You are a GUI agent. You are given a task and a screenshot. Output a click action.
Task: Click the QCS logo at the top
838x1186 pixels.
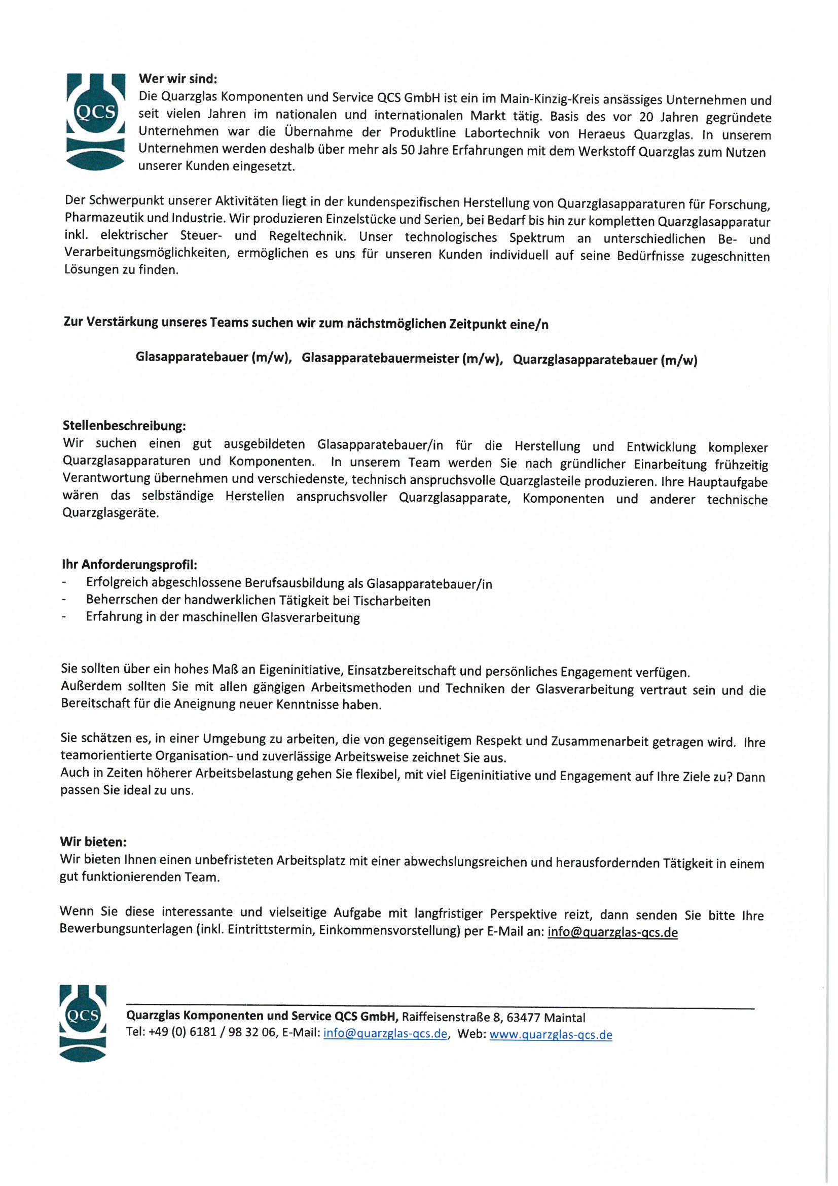(95, 121)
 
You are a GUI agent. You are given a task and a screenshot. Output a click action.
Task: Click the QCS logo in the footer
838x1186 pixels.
(83, 1023)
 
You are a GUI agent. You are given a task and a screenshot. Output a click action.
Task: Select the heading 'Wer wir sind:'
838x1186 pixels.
(178, 79)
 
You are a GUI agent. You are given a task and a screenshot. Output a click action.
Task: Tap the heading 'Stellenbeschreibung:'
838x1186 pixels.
(124, 426)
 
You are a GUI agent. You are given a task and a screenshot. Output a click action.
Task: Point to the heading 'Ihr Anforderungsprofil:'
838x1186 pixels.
(130, 565)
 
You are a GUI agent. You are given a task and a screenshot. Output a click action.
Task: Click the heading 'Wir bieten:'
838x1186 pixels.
(93, 842)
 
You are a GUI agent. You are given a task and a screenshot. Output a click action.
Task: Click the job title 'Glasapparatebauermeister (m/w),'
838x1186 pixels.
(402, 359)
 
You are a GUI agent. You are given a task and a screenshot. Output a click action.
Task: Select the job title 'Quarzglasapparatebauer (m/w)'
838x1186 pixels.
(605, 360)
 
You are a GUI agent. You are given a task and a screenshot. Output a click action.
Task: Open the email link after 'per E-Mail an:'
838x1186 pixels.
(612, 932)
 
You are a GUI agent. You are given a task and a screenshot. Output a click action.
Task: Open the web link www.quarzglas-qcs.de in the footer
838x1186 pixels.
(551, 1035)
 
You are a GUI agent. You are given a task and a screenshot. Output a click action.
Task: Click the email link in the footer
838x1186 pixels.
(385, 1034)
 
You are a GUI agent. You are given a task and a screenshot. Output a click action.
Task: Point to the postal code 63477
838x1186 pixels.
(523, 1018)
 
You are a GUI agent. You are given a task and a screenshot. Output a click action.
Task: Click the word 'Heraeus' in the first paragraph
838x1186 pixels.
(602, 134)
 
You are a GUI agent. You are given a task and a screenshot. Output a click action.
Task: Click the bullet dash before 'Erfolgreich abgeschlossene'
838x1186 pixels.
(64, 583)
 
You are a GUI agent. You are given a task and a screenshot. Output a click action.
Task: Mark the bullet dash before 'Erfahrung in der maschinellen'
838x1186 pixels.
(64, 617)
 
